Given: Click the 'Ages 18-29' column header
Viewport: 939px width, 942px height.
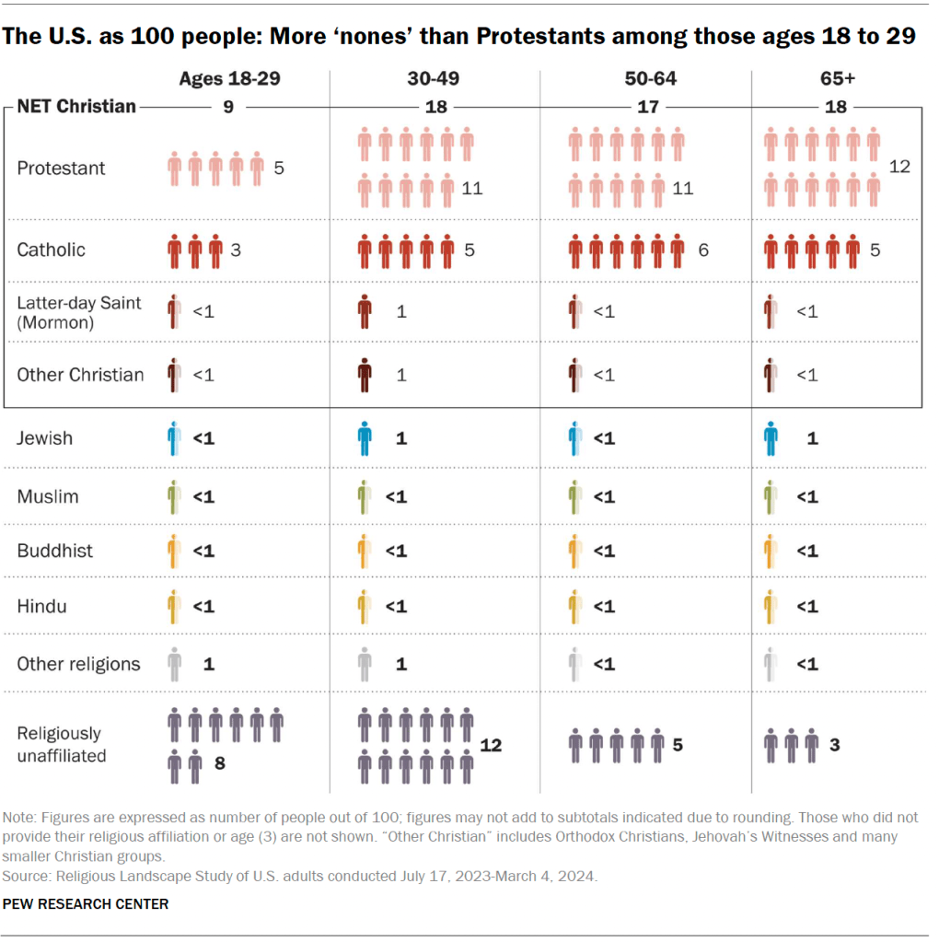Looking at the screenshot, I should pos(228,79).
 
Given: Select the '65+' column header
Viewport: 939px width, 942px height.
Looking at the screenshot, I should pos(836,79).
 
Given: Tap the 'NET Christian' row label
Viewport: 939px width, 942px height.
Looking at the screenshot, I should pos(76,107).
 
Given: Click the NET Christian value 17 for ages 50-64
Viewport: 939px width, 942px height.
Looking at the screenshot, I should pos(648,107).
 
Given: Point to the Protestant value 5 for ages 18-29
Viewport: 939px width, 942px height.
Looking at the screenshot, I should pos(278,169).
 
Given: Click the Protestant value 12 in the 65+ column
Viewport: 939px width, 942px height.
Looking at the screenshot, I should pos(899,167).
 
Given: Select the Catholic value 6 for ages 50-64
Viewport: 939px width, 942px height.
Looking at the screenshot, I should pos(702,250).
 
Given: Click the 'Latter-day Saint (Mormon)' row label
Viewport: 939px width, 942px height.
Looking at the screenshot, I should pos(79,311).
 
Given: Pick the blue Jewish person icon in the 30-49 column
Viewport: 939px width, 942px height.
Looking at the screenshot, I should pos(365,438).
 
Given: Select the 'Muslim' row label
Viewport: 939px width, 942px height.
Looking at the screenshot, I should pos(48,497).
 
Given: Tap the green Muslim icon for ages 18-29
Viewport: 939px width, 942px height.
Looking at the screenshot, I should pos(174,497).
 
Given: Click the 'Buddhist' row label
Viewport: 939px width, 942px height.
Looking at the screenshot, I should pos(54,552).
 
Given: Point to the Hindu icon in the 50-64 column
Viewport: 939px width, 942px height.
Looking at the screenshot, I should pos(575,607).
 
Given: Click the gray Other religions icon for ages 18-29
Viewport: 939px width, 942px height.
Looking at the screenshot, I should pos(174,664).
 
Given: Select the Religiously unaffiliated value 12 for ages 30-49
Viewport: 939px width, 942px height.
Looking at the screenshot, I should pos(491,745).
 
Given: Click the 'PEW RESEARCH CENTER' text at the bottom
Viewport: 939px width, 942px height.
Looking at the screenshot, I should pos(86,903).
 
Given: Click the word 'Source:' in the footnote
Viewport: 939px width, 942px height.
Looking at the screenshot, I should pos(27,876).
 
